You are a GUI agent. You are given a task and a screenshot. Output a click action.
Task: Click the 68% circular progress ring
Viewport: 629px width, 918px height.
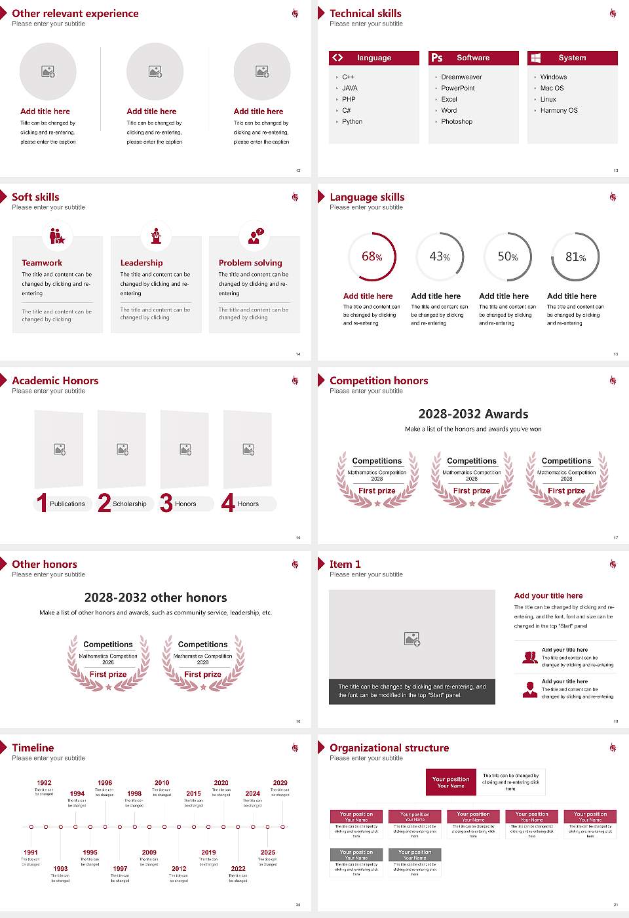[x=372, y=256]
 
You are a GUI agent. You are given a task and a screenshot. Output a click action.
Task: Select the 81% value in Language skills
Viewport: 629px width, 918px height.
[x=575, y=257]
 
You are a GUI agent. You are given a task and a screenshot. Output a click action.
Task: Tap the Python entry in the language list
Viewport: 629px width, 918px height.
[x=352, y=121]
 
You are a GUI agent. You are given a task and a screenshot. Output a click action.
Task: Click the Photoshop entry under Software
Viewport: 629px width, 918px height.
[x=457, y=121]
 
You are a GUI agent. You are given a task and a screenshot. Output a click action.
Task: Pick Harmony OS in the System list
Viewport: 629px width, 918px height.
[x=559, y=110]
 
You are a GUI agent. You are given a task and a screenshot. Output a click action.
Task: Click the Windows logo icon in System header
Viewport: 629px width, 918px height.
[x=536, y=58]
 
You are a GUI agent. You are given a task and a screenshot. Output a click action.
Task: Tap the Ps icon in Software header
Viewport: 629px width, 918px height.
[x=437, y=58]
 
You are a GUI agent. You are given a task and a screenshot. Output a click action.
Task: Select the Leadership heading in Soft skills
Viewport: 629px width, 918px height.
[x=142, y=262]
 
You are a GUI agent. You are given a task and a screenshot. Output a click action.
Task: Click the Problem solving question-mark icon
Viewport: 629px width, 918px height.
[x=255, y=236]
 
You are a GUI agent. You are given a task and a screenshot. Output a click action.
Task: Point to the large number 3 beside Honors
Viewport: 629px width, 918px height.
[x=166, y=503]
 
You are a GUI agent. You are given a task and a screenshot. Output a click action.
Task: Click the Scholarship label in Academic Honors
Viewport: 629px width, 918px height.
[x=129, y=504]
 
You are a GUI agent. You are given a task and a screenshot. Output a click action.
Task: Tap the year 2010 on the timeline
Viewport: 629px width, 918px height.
[x=162, y=782]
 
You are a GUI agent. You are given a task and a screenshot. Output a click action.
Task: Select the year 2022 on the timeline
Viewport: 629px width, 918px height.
[x=238, y=868]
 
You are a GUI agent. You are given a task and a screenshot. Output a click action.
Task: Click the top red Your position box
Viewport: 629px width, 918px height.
[x=451, y=782]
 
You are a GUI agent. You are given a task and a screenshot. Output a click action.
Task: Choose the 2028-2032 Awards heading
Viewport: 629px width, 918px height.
[x=473, y=414]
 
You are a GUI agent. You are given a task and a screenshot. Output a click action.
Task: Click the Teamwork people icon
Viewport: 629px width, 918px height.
[x=57, y=236]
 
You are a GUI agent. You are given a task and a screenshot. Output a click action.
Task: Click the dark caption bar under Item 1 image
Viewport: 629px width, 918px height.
[x=412, y=691]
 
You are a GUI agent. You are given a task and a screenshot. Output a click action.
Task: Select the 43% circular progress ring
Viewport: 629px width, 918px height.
[x=440, y=256]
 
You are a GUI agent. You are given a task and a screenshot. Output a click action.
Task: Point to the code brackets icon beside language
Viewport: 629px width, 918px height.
[x=337, y=58]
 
